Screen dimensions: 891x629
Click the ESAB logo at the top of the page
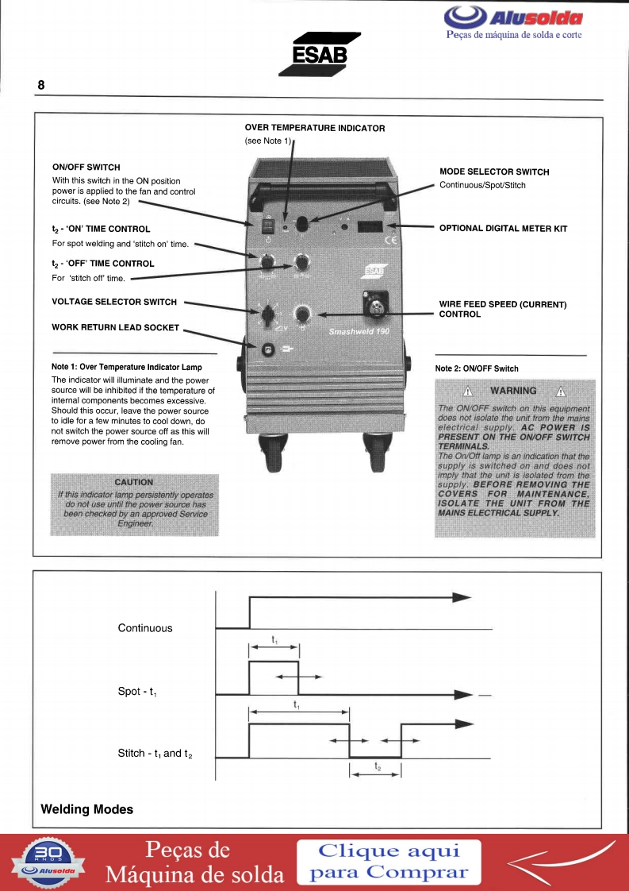click(x=319, y=54)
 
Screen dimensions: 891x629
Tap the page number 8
click(x=41, y=85)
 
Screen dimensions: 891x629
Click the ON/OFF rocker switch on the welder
click(x=268, y=226)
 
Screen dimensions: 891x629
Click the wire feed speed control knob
click(x=302, y=313)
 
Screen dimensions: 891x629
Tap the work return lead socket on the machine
click(x=267, y=349)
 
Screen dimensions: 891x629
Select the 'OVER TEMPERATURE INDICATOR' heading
click(x=315, y=128)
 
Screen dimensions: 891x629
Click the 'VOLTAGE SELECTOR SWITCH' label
click(x=114, y=302)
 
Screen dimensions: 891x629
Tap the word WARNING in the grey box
click(x=513, y=391)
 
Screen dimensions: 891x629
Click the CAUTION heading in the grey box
click(x=134, y=482)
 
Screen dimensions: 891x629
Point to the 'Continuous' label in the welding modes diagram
click(x=145, y=628)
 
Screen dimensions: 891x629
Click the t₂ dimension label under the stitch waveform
click(x=378, y=767)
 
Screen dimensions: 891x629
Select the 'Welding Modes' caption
click(x=87, y=810)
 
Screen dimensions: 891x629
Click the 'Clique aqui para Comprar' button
click(x=389, y=862)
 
